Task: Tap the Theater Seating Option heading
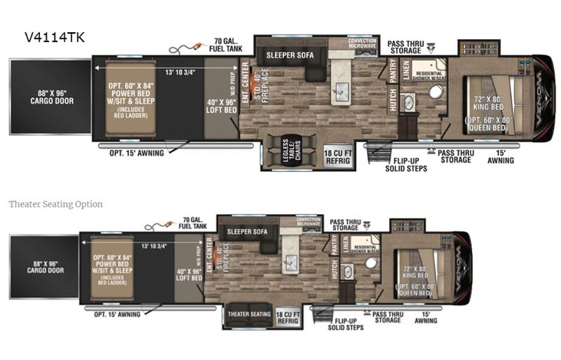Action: [55, 204]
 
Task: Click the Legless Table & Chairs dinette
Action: [291, 150]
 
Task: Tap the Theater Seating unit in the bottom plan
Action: [249, 314]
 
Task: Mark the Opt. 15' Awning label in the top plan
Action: [136, 153]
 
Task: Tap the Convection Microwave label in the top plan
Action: [363, 43]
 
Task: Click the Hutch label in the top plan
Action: [392, 101]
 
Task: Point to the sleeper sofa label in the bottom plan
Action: [246, 230]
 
